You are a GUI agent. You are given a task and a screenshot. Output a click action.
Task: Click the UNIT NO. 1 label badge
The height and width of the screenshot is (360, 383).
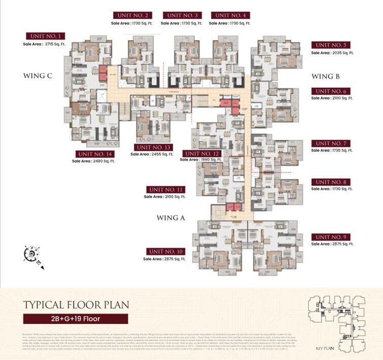pos(46,36)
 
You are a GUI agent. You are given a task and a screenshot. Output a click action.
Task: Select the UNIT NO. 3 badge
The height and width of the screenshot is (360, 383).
pos(181,15)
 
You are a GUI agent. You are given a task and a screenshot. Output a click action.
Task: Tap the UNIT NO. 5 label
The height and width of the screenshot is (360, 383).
pos(330,45)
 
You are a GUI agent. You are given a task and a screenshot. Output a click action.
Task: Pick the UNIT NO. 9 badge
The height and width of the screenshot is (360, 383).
pos(330,237)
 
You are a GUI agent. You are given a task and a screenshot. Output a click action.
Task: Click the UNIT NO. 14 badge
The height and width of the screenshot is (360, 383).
pos(94,154)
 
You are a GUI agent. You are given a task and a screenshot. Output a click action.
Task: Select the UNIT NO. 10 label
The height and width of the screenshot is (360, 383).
pos(166,251)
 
